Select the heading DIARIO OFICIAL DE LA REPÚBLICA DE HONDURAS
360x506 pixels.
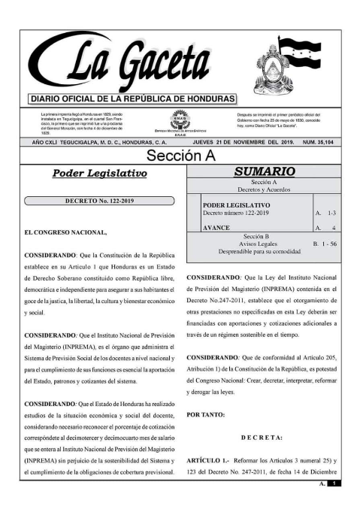tap(132, 99)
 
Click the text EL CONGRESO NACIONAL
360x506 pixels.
tap(65, 232)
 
